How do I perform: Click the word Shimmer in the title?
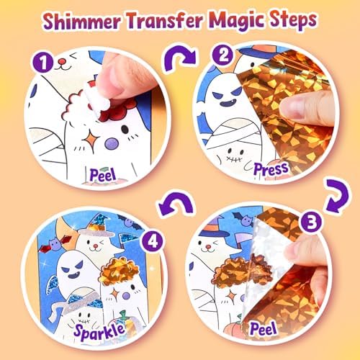coord(82,21)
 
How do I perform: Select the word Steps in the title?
coord(292,20)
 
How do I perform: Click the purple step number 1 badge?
coord(43,63)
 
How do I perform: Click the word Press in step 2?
coord(271,169)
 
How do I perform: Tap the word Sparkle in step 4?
coord(99,330)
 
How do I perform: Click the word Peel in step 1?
coord(103,175)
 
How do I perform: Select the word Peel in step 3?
coord(264,329)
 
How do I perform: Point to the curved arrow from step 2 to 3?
coord(337,195)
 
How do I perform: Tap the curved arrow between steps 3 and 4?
coord(176,203)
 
